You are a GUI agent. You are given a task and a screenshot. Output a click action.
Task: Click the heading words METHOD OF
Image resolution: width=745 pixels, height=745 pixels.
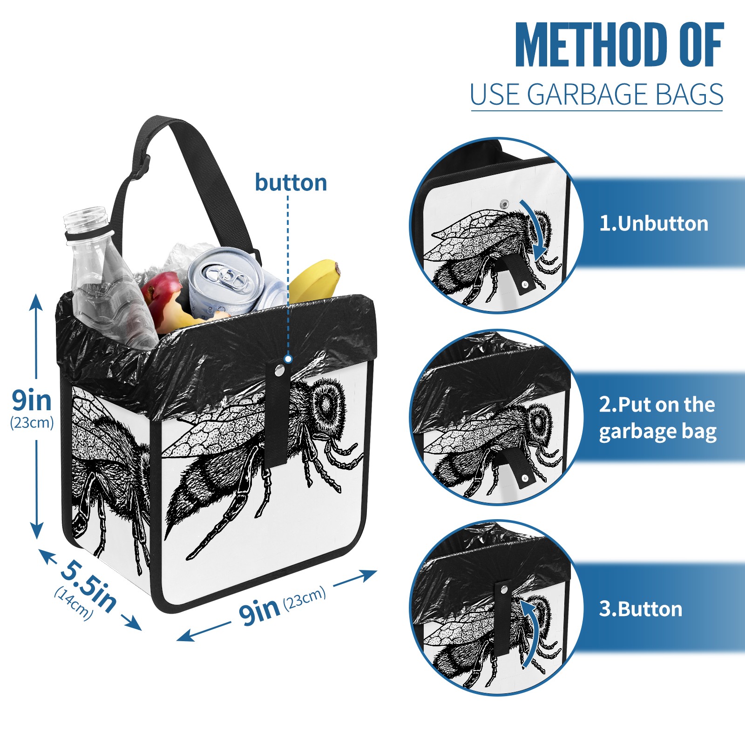pos(619,45)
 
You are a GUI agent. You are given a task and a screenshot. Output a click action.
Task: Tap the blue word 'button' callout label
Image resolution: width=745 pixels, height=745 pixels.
pos(291,183)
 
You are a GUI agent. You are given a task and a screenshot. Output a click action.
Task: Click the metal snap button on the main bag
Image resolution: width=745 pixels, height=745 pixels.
pos(279,371)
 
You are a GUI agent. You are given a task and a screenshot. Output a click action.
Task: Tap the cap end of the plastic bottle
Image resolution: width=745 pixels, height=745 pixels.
pos(87,219)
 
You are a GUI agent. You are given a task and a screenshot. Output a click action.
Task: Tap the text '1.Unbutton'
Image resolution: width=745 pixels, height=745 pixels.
pos(653,223)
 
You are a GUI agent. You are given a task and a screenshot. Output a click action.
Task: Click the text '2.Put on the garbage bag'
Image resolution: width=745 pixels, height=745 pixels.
pos(657,418)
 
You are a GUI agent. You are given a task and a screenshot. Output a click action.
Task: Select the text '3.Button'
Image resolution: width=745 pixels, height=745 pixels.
pos(640,609)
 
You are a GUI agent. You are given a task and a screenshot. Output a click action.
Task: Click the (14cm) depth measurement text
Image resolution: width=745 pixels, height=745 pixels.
pos(73,603)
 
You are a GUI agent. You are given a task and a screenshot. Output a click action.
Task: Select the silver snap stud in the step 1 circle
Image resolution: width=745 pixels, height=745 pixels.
pos(504,203)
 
